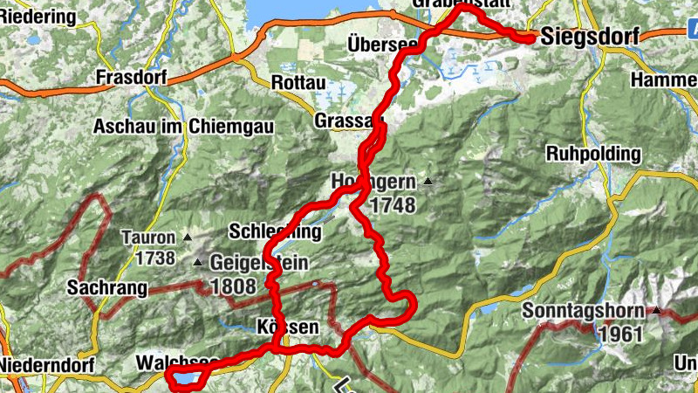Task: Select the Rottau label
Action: pyautogui.click(x=298, y=82)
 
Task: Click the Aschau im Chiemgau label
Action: pyautogui.click(x=184, y=127)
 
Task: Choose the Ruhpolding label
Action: pyautogui.click(x=592, y=154)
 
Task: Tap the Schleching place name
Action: pyautogui.click(x=274, y=232)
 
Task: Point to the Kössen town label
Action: pyautogui.click(x=283, y=327)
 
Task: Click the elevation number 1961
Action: pyautogui.click(x=620, y=333)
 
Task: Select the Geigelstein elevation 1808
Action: pyautogui.click(x=233, y=286)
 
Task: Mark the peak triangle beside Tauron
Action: pyautogui.click(x=188, y=237)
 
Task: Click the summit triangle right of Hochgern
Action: pyautogui.click(x=428, y=182)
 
